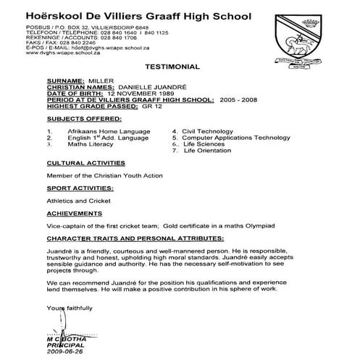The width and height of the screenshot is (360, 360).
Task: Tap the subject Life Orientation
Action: click(x=212, y=150)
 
